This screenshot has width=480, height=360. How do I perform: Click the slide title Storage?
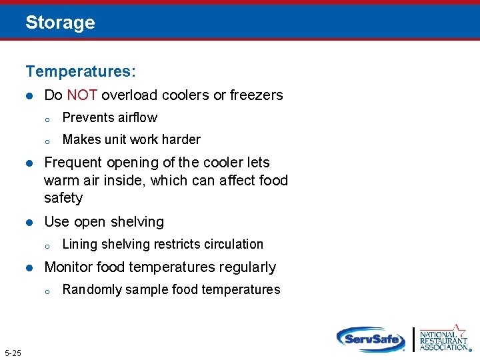60,23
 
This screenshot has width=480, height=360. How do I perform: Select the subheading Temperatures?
81,70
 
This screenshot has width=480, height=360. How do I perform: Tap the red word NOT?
82,95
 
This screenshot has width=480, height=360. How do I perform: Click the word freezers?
256,95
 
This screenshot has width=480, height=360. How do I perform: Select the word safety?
63,198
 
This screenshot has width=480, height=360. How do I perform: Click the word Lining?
79,245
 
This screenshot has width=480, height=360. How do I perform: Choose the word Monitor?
69,267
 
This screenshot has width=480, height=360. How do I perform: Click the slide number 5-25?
12,352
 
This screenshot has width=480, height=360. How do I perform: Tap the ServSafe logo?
371,338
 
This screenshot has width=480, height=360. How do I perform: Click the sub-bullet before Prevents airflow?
47,119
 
